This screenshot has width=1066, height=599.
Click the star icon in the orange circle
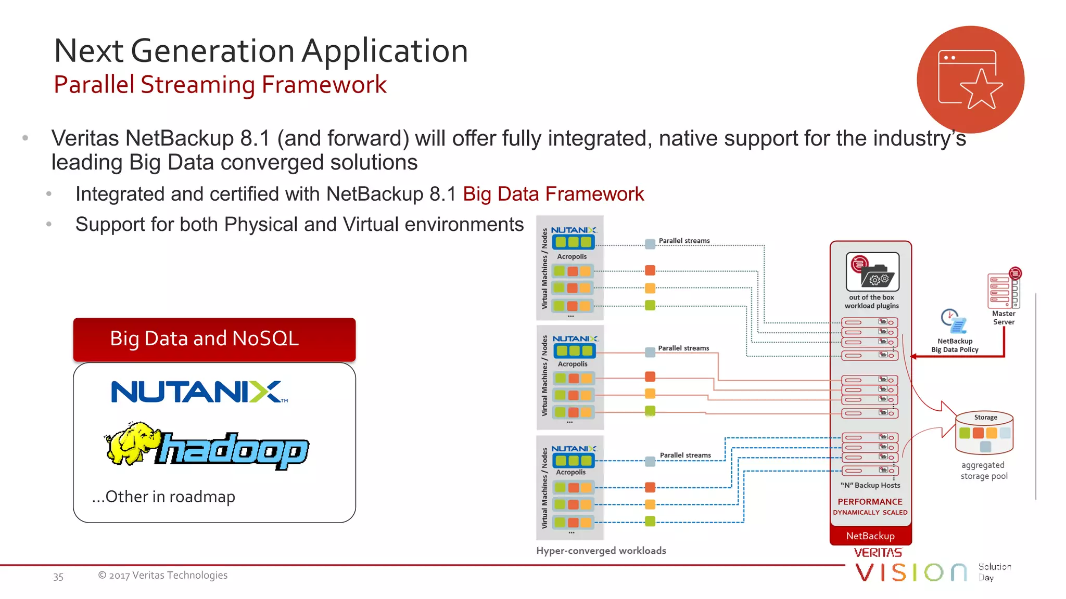[x=981, y=89]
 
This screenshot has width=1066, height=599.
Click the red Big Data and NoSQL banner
[x=214, y=339]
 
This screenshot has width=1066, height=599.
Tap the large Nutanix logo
[x=199, y=392]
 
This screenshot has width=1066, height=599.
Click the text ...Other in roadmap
[x=163, y=497]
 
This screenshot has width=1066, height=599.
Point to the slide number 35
[x=58, y=577]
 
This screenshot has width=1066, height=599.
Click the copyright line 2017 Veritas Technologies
[x=163, y=575]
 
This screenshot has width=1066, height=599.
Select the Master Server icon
[x=1004, y=291]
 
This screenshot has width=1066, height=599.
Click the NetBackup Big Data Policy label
[x=955, y=345]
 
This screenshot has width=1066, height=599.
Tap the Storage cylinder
[x=984, y=433]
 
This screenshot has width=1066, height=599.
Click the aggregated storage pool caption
[x=983, y=471]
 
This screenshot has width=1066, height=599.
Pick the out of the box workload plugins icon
[x=872, y=272]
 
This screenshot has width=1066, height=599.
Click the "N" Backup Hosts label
[x=870, y=485]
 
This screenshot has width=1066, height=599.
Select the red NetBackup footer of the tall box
[x=870, y=536]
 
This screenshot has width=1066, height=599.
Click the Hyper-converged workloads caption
[x=601, y=551]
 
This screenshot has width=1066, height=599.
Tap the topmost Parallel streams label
[x=684, y=241]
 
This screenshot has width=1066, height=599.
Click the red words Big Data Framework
[x=553, y=194]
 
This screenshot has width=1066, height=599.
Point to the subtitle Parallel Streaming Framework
[x=220, y=85]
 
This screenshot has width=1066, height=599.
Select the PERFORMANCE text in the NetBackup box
[x=870, y=502]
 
